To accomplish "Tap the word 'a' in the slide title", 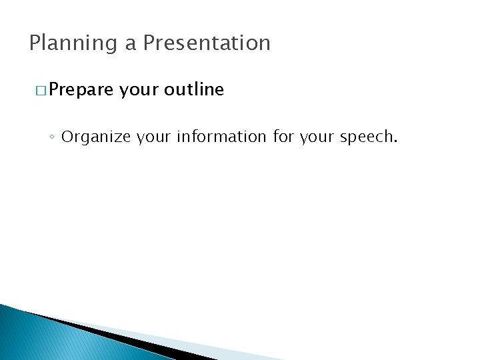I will pos(131,44).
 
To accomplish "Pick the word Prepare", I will pos(81,90).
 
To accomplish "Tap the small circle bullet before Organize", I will pos(52,137).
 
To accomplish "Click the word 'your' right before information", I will pos(154,137).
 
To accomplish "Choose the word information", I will pos(222,137).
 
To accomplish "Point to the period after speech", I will pos(396,141).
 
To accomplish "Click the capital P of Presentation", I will pos(150,43).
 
